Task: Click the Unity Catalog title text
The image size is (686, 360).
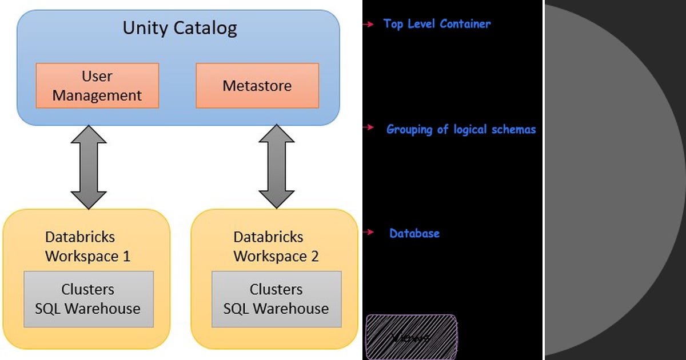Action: [x=180, y=28]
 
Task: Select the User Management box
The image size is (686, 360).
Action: [x=97, y=86]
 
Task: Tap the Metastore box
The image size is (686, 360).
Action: [x=257, y=86]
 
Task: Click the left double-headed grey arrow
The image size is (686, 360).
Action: [x=89, y=167]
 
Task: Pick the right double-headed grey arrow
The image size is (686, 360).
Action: [x=277, y=167]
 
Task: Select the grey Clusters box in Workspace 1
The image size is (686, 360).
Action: [x=88, y=299]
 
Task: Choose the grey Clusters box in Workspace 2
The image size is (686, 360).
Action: [x=276, y=299]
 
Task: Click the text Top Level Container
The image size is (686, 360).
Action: [x=437, y=24]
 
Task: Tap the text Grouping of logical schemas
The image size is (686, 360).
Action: [x=461, y=129]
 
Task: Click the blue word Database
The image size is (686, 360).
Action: [x=414, y=233]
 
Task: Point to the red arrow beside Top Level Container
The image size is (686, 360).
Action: [x=369, y=25]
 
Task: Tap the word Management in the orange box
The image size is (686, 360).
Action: [x=97, y=95]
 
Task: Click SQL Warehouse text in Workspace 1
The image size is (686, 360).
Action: [x=88, y=309]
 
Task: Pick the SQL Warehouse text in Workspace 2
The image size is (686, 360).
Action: [x=276, y=309]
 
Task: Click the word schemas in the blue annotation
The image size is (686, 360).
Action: [x=514, y=129]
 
